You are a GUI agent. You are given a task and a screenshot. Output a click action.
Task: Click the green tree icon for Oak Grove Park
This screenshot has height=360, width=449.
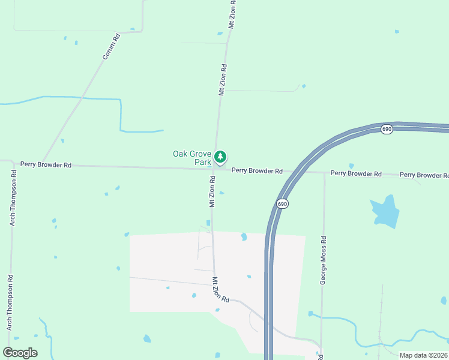click(221, 157)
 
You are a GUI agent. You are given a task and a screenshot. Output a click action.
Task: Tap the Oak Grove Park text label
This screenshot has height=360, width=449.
click(192, 158)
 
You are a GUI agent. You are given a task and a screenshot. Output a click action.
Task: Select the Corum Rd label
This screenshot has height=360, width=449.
click(111, 46)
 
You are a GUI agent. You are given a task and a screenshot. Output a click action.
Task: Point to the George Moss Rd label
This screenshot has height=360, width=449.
click(323, 260)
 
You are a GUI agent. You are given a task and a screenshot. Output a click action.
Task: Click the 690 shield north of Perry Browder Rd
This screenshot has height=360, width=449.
click(387, 129)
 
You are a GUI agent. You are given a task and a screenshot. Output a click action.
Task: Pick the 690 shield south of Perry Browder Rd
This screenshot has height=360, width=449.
click(282, 205)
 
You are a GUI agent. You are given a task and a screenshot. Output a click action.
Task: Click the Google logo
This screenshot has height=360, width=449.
click(20, 352)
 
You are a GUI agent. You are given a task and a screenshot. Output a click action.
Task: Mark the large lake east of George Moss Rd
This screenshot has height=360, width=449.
click(385, 212)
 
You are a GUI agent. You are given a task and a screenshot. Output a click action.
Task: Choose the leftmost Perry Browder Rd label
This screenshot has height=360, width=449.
click(46, 164)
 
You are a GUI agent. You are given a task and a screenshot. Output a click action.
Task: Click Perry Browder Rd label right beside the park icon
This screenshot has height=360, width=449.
click(257, 171)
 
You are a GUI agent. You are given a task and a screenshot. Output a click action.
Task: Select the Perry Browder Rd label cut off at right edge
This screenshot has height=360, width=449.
click(424, 175)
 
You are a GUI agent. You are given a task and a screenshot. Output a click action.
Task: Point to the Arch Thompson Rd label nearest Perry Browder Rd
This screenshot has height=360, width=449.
click(12, 198)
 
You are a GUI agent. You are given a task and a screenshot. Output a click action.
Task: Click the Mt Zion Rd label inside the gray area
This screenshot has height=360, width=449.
click(221, 289)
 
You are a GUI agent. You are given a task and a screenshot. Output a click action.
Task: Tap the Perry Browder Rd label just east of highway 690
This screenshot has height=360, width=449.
click(356, 173)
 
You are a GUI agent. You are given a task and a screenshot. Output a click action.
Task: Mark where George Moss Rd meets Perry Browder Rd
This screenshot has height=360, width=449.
click(324, 173)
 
